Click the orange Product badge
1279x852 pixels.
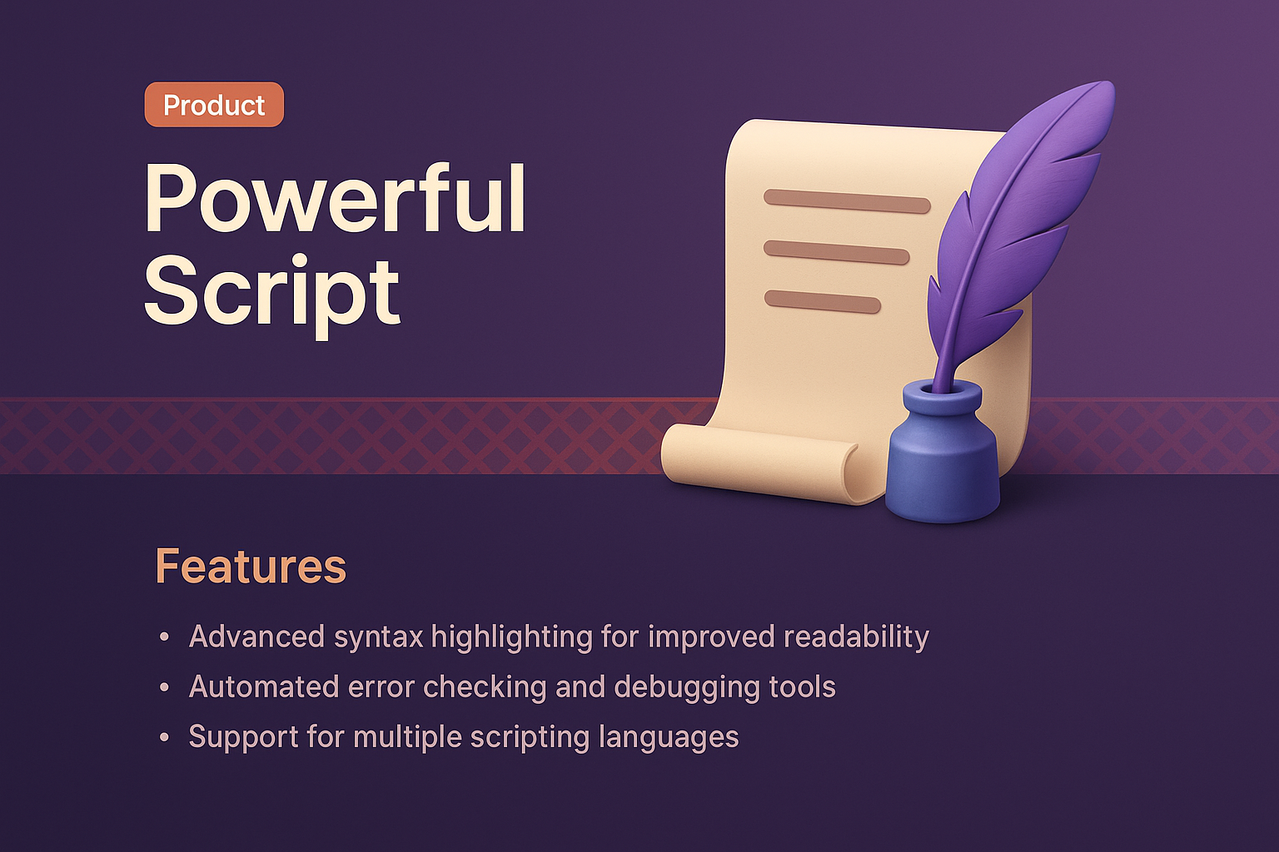[214, 105]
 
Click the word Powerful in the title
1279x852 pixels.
[335, 200]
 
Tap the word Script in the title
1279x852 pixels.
[272, 293]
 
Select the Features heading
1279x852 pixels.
[251, 567]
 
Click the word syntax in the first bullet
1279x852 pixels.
[379, 637]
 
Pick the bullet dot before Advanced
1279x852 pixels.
[164, 638]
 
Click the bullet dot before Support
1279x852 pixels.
[164, 738]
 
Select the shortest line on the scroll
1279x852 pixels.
[822, 301]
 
